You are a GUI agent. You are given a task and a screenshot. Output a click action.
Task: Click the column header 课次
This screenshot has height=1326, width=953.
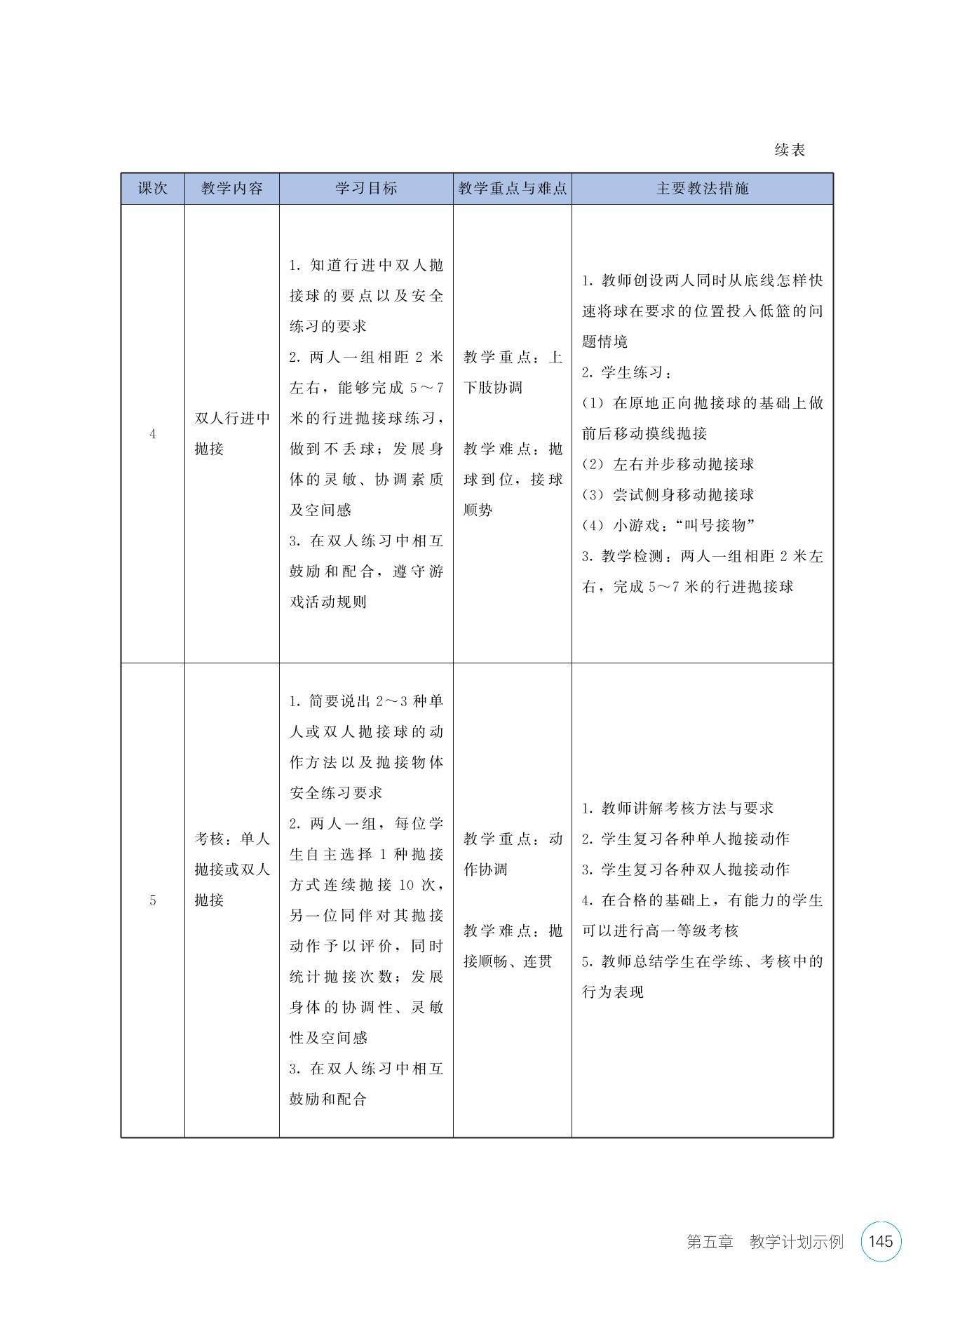click(153, 189)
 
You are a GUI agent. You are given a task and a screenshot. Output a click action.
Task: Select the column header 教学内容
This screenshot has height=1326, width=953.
click(231, 189)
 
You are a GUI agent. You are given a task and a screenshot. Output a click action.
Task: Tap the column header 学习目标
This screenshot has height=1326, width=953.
click(366, 189)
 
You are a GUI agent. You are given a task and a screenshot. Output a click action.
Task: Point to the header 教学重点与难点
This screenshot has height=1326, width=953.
click(512, 189)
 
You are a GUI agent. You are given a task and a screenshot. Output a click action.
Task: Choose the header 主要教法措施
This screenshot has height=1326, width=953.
click(702, 189)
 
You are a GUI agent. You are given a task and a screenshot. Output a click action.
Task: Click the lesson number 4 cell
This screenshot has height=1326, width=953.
click(153, 434)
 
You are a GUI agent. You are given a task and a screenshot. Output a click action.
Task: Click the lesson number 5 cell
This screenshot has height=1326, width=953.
click(153, 900)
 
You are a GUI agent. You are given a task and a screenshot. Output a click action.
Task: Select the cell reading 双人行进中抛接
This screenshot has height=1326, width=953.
click(231, 433)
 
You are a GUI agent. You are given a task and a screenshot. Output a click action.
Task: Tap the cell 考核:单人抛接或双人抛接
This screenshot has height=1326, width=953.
click(231, 870)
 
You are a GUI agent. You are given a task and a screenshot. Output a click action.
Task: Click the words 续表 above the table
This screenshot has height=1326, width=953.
click(790, 150)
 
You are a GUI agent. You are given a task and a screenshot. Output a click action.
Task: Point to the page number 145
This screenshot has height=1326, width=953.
click(880, 1241)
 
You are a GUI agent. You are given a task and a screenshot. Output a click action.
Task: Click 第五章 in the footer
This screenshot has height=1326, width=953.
click(710, 1242)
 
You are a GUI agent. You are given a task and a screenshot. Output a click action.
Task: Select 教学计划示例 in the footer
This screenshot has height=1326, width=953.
click(796, 1242)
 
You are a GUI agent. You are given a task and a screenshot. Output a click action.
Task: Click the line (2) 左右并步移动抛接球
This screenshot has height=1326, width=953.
click(668, 464)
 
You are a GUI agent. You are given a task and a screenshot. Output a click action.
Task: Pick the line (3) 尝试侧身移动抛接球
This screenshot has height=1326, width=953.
click(668, 495)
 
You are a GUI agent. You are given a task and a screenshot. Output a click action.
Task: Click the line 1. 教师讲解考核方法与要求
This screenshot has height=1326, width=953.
click(677, 809)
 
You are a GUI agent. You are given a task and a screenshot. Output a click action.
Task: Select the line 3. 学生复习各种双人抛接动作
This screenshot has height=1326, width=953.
click(685, 870)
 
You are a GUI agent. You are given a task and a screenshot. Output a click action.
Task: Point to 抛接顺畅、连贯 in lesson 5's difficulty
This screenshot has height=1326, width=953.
click(508, 961)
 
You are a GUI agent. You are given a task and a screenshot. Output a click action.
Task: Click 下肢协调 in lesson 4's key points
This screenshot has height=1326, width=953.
click(493, 388)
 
